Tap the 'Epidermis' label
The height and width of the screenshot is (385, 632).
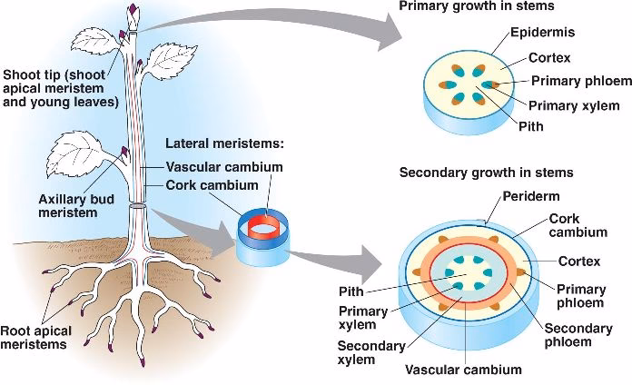click(x=541, y=33)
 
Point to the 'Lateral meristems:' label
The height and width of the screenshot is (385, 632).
click(x=225, y=144)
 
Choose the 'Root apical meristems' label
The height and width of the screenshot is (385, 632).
click(x=35, y=337)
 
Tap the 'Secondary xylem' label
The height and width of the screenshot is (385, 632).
click(x=366, y=352)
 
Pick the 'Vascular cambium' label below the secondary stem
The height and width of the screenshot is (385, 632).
click(x=463, y=370)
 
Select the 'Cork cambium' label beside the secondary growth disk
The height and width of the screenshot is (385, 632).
click(x=579, y=225)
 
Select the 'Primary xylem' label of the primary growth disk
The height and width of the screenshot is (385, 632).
click(x=569, y=104)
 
